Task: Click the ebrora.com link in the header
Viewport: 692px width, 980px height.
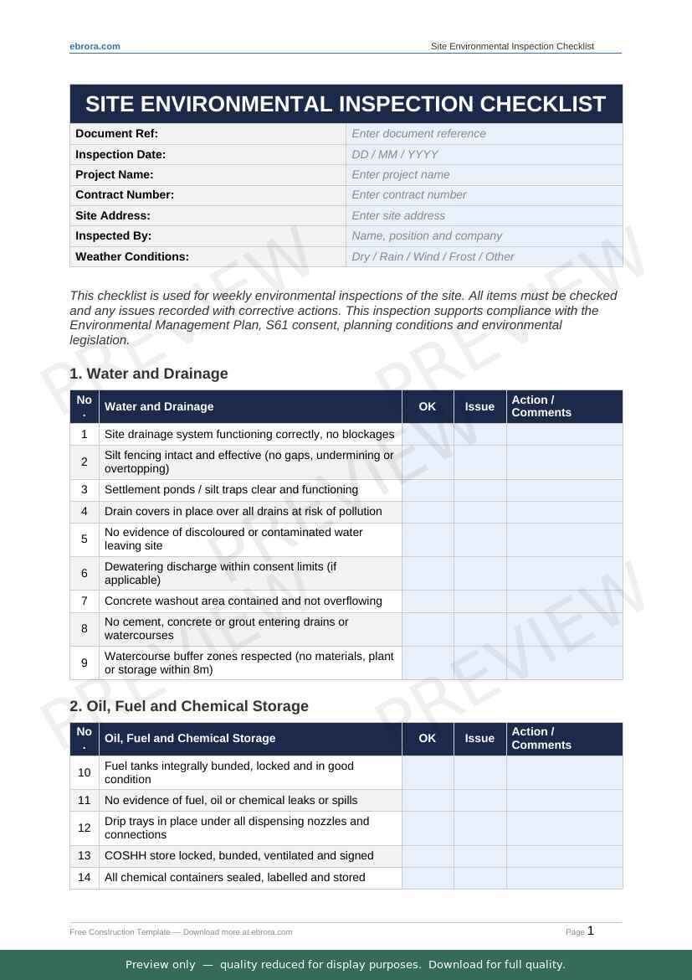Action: pos(95,46)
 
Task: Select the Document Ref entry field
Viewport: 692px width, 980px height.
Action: pos(484,133)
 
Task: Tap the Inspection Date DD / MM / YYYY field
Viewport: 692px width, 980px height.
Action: pos(484,154)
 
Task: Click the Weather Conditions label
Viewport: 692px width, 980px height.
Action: pos(132,256)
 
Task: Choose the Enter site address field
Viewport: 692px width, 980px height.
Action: pos(484,215)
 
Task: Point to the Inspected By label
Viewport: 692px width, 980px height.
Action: pos(114,235)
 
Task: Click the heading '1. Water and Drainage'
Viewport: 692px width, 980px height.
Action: pos(149,374)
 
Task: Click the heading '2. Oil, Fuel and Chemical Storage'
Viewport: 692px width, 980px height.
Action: pos(189,706)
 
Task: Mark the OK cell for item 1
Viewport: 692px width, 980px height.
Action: pos(428,434)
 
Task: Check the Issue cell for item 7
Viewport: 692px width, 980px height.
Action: pos(479,601)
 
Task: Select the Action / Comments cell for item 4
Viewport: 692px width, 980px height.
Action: pos(564,511)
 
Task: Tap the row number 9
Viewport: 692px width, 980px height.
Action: pos(85,663)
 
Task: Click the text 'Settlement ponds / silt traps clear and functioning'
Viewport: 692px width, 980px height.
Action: pos(231,489)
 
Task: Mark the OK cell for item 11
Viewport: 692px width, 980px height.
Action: pos(428,800)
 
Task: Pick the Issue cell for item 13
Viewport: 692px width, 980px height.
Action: pos(479,855)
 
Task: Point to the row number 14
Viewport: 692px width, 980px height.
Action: pos(85,877)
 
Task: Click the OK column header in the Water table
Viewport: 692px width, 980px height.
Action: pos(428,406)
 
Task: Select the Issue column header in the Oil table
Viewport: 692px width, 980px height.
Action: pos(479,738)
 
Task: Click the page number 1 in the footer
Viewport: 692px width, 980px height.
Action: pos(591,931)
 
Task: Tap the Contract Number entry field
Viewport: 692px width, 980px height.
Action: pos(484,194)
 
